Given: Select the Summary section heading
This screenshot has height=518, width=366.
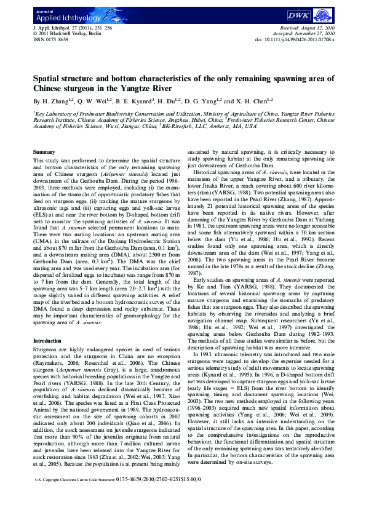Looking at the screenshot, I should click(x=43, y=151).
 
